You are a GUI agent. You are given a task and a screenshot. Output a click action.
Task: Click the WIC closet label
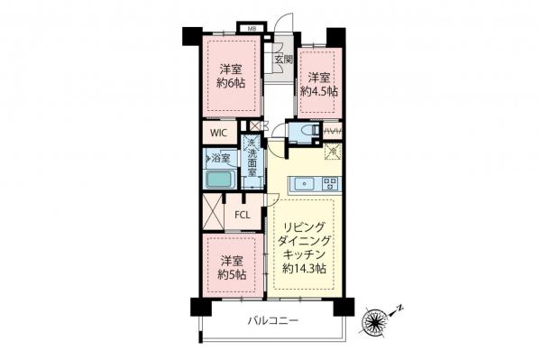219,134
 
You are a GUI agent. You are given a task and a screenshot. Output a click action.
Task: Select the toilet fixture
307,134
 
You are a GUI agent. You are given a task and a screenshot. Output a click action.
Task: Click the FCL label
243,215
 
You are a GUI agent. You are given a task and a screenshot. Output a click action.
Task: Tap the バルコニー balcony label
270,321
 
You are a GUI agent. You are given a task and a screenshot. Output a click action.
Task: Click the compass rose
376,319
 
